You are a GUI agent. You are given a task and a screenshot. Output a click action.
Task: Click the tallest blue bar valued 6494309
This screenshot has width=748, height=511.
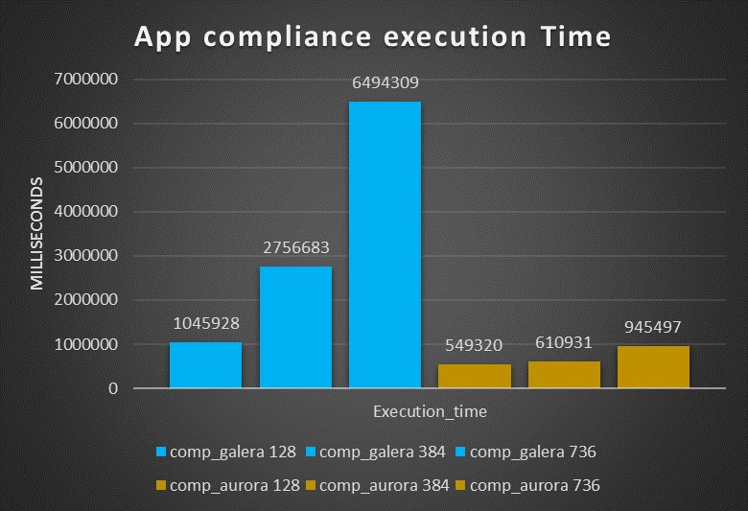coord(385,244)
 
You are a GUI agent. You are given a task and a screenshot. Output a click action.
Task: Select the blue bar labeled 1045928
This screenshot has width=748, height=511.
coord(205,365)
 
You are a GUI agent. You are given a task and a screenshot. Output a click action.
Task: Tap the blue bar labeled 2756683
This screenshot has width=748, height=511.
coord(295,327)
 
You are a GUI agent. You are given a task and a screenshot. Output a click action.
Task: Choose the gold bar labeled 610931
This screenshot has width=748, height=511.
coord(564,375)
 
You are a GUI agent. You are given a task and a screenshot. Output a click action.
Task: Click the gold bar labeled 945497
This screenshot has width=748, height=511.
coord(653,367)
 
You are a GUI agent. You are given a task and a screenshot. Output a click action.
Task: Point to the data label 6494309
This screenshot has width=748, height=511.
coord(385,82)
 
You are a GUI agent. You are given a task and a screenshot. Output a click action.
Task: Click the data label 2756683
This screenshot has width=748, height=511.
coord(295,247)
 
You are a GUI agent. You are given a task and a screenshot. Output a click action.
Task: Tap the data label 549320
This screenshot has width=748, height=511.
coord(475,344)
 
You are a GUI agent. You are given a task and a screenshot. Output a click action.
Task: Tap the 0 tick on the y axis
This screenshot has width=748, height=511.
coord(112,389)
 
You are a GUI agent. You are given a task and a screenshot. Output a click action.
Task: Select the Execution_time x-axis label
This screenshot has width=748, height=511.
coord(430,411)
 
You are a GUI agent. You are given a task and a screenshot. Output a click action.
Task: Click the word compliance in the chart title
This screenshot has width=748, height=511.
coord(276,38)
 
